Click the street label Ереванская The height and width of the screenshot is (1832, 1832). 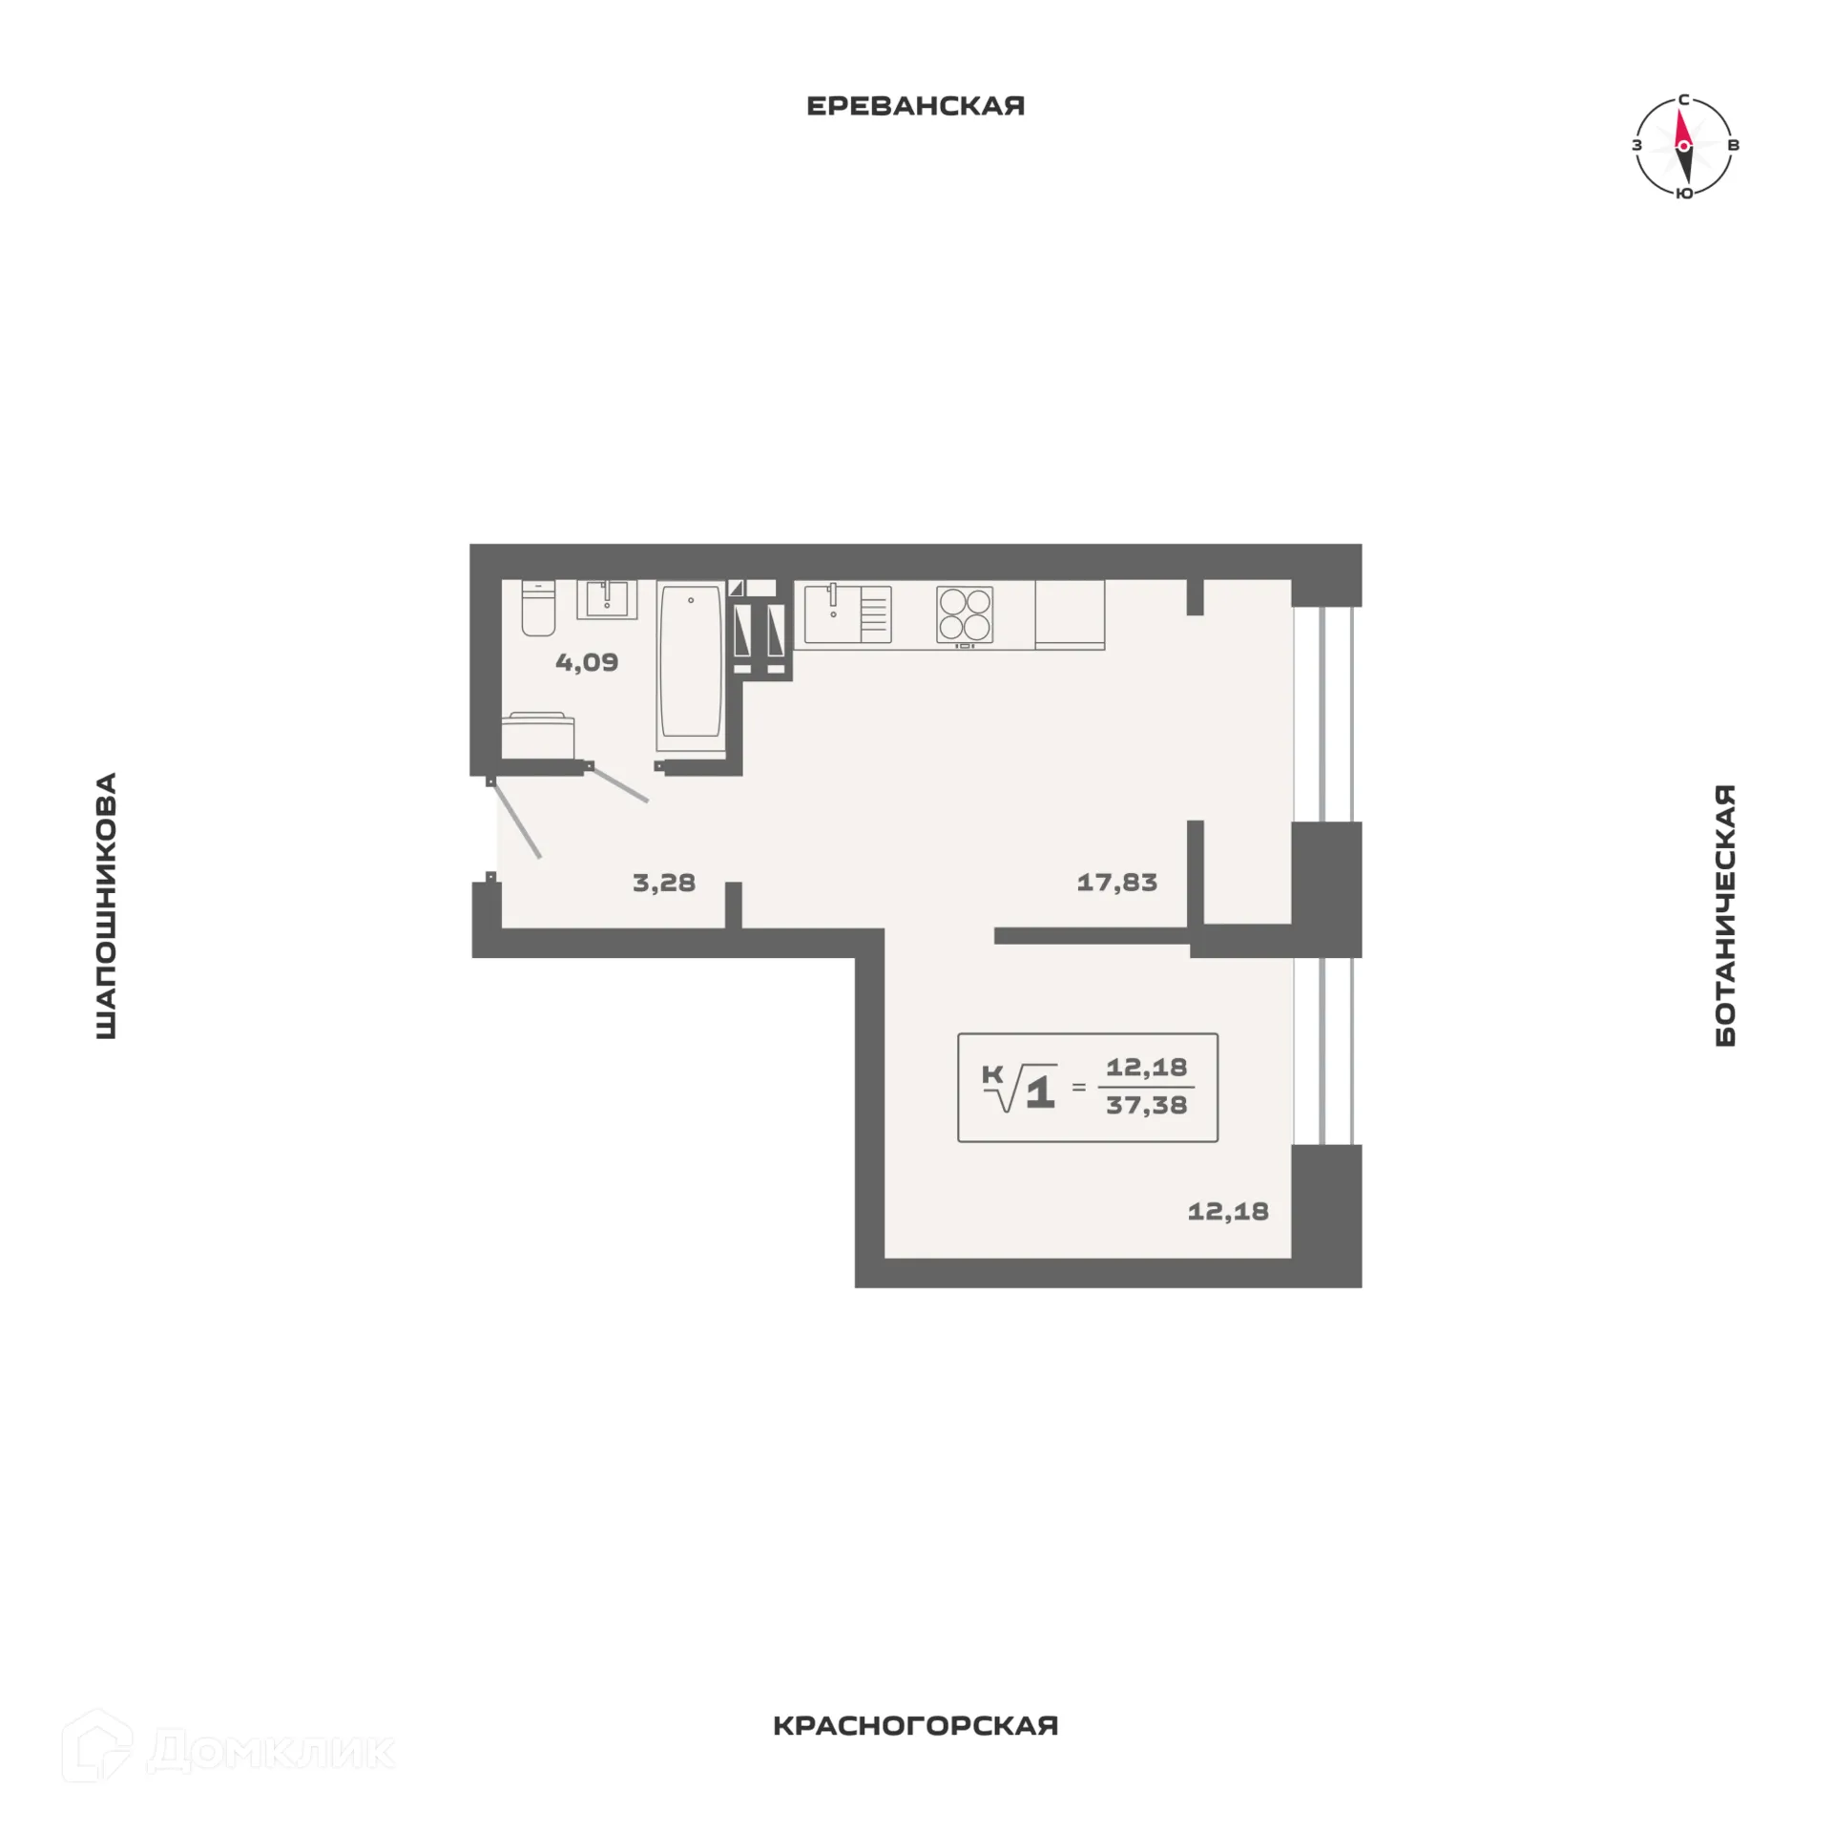point(915,106)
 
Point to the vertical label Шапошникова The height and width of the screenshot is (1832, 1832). point(106,906)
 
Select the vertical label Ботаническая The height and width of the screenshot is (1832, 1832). point(1725,916)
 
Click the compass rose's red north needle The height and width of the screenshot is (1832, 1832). point(1682,127)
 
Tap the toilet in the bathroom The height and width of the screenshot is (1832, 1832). point(538,608)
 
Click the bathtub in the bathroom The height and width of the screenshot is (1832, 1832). point(690,662)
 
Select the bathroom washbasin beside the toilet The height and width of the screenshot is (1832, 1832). point(606,599)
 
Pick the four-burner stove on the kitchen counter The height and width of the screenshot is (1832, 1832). point(965,614)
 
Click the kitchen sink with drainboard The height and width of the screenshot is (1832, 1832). point(846,614)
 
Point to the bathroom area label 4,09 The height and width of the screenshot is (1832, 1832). point(587,662)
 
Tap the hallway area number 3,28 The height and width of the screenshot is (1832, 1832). point(664,883)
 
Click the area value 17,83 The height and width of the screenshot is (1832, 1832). point(1116,883)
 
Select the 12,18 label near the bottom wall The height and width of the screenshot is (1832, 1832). point(1227,1212)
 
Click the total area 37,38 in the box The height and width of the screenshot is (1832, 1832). point(1146,1106)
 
